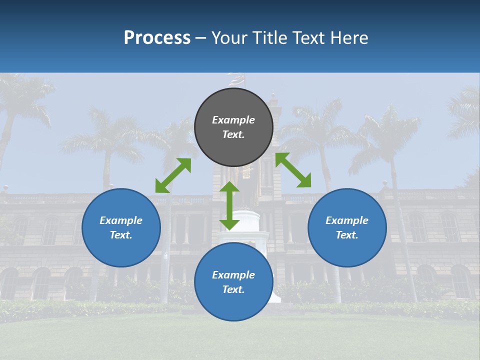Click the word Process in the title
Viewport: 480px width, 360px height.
tap(157, 37)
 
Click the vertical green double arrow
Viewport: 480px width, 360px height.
tap(229, 205)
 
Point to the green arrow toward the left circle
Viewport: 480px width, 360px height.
tap(173, 175)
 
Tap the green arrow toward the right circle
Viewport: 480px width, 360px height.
tap(293, 170)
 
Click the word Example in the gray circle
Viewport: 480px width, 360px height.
tap(233, 120)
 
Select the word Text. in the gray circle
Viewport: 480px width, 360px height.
tap(233, 134)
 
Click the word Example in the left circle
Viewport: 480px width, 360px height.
tap(121, 220)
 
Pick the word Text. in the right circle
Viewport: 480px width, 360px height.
tap(347, 235)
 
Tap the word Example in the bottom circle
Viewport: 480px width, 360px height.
tap(233, 275)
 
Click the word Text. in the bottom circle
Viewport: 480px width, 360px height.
tap(233, 289)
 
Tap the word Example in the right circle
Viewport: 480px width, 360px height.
tap(347, 220)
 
